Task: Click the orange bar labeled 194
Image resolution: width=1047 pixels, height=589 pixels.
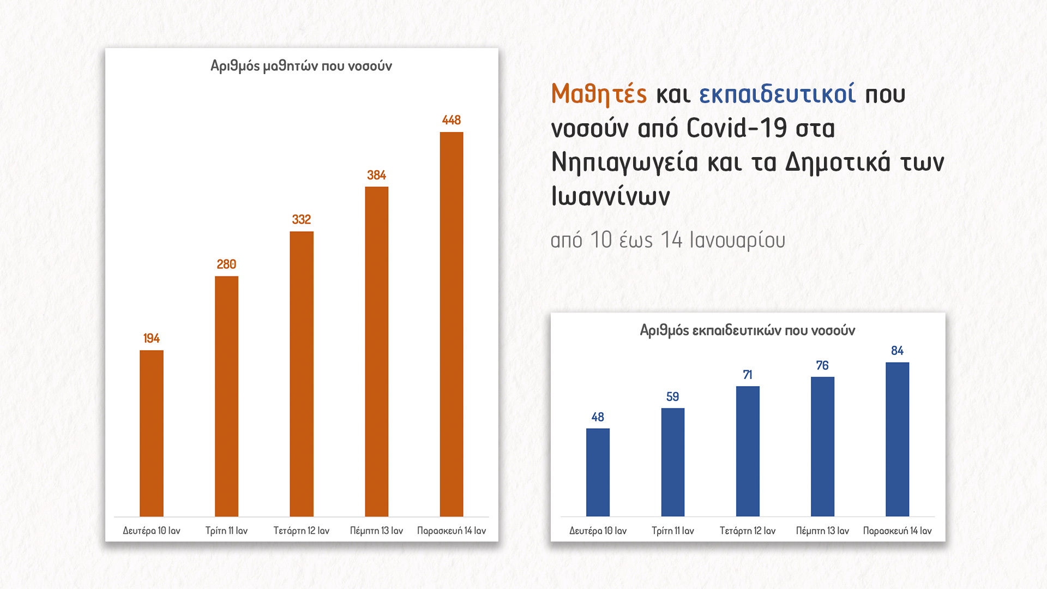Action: pos(151,433)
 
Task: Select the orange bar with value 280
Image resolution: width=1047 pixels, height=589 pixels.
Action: pos(226,396)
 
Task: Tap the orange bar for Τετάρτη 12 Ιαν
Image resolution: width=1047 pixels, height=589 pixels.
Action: pos(301,374)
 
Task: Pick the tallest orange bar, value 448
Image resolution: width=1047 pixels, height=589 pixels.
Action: pos(451,324)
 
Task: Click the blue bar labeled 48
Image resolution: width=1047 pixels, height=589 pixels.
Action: pos(598,472)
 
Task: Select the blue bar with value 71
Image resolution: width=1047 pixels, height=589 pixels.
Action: pos(747,451)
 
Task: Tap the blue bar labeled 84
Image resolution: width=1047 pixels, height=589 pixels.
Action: pos(897,439)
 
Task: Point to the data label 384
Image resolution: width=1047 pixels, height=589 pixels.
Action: pos(376,175)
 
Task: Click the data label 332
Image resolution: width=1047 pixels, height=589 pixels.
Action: pos(301,219)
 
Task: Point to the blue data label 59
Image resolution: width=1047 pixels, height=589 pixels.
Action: pos(672,396)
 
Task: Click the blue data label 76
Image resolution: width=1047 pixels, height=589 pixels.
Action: pos(822,365)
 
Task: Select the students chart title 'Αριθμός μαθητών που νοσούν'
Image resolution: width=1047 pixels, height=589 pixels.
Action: pos(301,66)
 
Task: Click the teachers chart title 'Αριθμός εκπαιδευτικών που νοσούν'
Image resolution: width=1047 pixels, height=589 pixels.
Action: pos(747,330)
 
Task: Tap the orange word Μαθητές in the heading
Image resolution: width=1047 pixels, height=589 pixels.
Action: pos(599,94)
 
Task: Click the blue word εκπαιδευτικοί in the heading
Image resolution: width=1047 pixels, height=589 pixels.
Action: pos(777,94)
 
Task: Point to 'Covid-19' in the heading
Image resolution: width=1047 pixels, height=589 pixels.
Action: pos(736,129)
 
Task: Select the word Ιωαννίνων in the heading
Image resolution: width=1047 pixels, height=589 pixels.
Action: pos(610,196)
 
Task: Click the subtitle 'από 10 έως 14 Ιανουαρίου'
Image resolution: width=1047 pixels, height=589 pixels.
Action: pos(667,240)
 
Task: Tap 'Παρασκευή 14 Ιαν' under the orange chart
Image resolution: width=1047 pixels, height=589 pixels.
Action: pos(451,531)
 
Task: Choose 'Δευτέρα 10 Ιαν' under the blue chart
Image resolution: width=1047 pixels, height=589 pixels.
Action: pos(598,531)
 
